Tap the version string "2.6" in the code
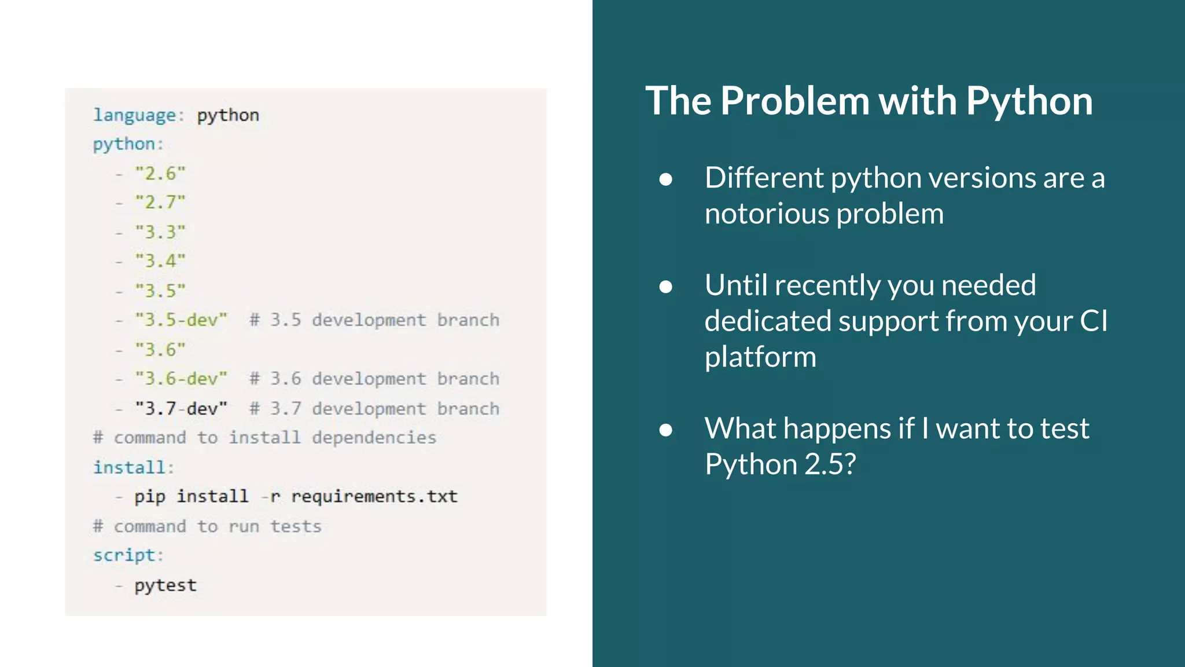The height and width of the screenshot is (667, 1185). click(x=160, y=173)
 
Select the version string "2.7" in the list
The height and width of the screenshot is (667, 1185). click(x=160, y=202)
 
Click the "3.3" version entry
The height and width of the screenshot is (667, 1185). click(x=160, y=232)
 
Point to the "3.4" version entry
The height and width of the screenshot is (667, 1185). click(x=160, y=261)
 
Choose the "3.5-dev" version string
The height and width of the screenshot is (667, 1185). click(x=181, y=320)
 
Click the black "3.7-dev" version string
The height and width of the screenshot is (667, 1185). click(x=181, y=408)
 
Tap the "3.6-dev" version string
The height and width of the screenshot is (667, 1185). click(x=181, y=379)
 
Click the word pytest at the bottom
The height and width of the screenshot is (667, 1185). click(x=165, y=585)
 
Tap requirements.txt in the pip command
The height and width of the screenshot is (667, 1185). click(x=374, y=496)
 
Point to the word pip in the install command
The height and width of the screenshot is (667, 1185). click(x=150, y=497)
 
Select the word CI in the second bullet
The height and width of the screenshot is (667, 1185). click(x=1093, y=321)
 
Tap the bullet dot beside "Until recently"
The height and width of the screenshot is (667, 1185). click(x=666, y=286)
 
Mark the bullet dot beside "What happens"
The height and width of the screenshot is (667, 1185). click(x=666, y=430)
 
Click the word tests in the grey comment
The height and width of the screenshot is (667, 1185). click(x=296, y=526)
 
